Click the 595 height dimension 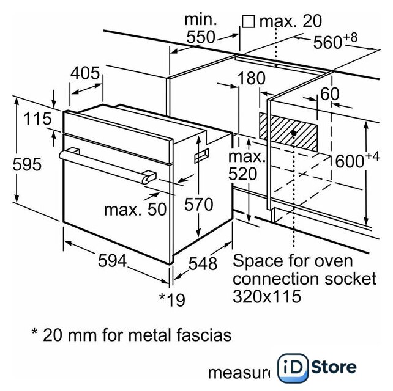(x=27, y=164)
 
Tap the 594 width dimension (x=112, y=260)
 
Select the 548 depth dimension (x=203, y=263)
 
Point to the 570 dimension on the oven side (x=199, y=204)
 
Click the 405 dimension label (x=85, y=73)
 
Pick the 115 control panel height (x=37, y=119)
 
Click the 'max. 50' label (x=135, y=210)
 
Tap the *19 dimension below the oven (x=173, y=300)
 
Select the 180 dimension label (x=252, y=78)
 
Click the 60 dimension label (x=330, y=94)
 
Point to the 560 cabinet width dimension (x=335, y=42)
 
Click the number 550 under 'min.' (x=201, y=37)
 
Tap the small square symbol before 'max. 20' (x=249, y=22)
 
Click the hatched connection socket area (x=288, y=132)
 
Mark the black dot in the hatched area (x=293, y=133)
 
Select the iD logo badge (x=293, y=368)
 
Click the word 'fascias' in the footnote (x=204, y=335)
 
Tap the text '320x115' (x=267, y=296)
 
